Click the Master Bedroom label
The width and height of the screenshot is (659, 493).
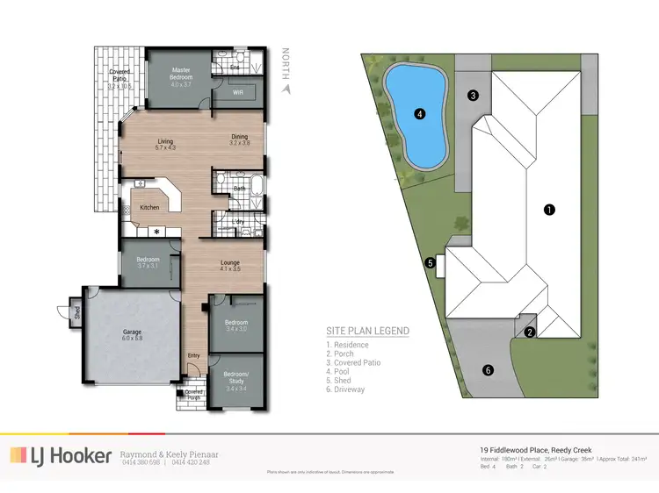(181, 74)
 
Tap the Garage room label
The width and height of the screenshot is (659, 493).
(132, 335)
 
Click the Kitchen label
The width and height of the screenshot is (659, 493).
(150, 208)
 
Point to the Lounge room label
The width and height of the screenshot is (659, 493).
(229, 265)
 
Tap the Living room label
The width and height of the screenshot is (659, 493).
(166, 144)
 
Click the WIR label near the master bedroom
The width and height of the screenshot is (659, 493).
(238, 92)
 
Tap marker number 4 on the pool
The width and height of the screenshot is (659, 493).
(420, 113)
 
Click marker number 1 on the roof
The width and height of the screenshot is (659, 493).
(549, 210)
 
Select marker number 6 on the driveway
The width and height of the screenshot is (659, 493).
(489, 370)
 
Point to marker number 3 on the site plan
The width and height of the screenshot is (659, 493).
(472, 96)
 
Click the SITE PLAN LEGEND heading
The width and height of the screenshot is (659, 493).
(367, 331)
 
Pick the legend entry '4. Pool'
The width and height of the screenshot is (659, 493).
(344, 372)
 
